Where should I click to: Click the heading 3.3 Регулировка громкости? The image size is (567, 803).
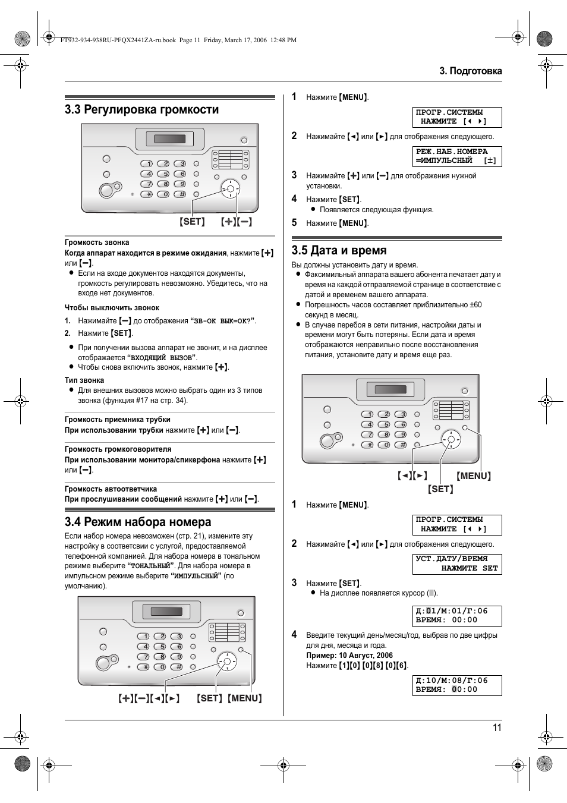(x=141, y=109)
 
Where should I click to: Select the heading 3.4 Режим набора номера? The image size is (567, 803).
(x=138, y=522)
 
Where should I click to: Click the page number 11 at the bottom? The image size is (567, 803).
(x=497, y=728)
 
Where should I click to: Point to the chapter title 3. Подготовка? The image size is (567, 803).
(x=470, y=71)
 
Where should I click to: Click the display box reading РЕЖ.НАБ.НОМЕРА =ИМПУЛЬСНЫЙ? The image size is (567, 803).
(x=457, y=156)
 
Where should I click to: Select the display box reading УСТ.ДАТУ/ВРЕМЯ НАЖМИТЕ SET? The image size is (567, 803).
(x=457, y=564)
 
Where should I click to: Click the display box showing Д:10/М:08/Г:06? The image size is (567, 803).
(x=457, y=685)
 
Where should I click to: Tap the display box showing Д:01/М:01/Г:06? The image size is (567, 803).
(x=457, y=616)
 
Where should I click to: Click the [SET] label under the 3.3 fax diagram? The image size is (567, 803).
(x=192, y=222)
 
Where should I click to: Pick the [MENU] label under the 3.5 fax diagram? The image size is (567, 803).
(x=474, y=476)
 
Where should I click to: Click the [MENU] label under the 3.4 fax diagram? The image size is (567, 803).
(x=245, y=698)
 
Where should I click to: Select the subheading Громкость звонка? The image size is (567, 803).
(x=97, y=243)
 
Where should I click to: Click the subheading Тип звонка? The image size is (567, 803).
(x=84, y=380)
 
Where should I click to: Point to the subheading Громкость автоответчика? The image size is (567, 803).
(x=111, y=489)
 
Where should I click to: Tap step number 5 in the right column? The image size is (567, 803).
(x=294, y=223)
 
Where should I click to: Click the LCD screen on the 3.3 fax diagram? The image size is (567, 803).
(x=169, y=140)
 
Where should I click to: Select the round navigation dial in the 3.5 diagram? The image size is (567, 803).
(x=451, y=440)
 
